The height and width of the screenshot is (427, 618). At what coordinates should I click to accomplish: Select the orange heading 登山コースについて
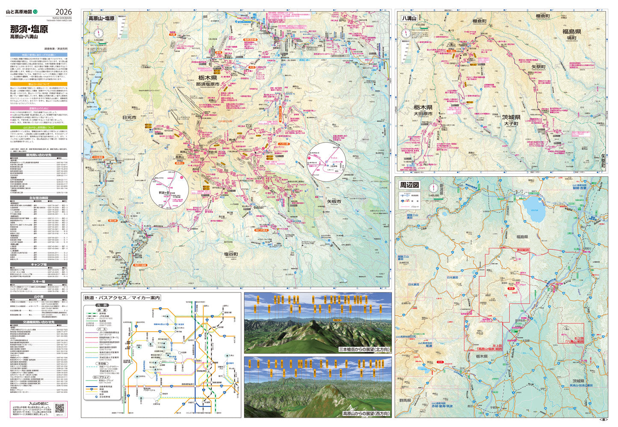tap(38, 84)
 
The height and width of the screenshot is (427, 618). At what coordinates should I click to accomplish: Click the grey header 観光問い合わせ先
tap(38, 155)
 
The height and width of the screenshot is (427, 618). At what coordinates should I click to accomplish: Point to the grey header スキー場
tap(38, 282)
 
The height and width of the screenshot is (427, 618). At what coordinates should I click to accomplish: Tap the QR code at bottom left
tap(59, 407)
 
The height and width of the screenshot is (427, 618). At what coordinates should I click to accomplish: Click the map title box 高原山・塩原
tap(101, 18)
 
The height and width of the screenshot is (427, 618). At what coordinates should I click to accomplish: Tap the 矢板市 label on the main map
tap(334, 201)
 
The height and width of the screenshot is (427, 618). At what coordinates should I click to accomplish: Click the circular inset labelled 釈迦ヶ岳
tap(169, 189)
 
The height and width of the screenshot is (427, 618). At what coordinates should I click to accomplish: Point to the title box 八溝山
tap(409, 18)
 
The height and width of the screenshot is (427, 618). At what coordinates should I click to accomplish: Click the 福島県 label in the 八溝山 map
tap(571, 32)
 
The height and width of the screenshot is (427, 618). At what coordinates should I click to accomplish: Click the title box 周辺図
tap(410, 185)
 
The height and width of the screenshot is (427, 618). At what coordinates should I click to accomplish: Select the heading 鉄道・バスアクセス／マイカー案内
tap(122, 298)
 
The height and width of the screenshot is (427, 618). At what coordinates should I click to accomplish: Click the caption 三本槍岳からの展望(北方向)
tap(364, 349)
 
